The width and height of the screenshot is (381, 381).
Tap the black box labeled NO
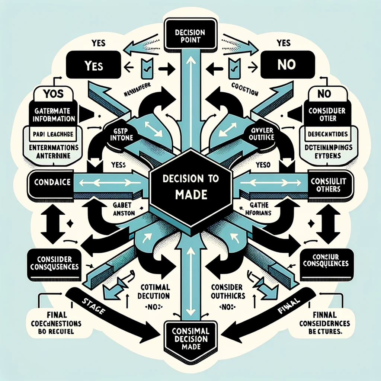pyautogui.click(x=286, y=65)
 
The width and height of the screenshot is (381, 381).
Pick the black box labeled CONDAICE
pyautogui.click(x=50, y=183)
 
